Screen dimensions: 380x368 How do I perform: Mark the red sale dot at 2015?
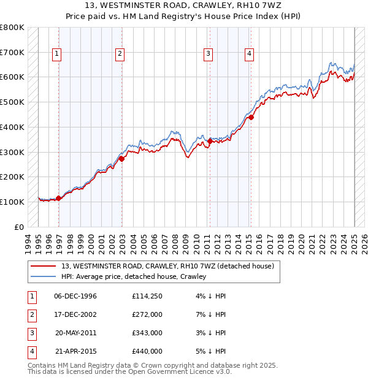(x=251, y=117)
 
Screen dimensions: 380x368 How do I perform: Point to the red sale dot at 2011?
(x=210, y=141)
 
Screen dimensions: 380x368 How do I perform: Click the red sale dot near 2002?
(x=121, y=159)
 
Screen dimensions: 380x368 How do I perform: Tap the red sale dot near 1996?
(x=59, y=198)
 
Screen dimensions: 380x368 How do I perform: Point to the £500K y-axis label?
(x=12, y=102)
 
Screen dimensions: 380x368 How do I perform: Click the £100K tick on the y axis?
(x=12, y=202)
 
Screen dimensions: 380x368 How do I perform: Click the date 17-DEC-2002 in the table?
(x=75, y=315)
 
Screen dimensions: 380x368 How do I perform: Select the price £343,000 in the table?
(x=147, y=333)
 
